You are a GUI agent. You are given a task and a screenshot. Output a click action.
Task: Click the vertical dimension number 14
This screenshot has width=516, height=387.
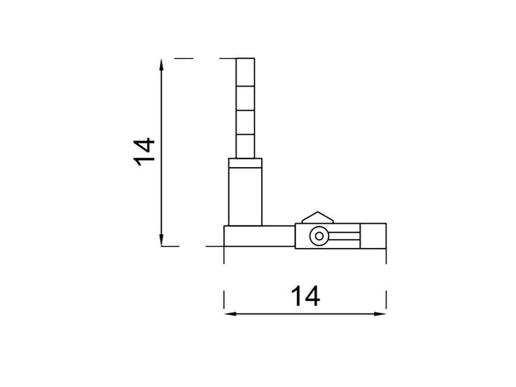(x=144, y=151)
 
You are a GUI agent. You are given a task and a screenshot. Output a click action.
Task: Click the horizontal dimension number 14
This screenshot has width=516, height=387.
(x=305, y=297)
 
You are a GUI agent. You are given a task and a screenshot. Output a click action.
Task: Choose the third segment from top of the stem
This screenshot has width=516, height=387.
(x=246, y=122)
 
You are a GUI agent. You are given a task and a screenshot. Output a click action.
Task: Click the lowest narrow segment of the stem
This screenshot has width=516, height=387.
(x=246, y=146)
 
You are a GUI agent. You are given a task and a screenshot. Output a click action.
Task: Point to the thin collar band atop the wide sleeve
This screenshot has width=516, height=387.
(x=246, y=164)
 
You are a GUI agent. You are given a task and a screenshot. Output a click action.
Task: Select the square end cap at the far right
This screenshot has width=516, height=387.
(x=373, y=236)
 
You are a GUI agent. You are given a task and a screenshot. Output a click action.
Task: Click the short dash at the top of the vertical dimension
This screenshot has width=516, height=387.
(x=183, y=59)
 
